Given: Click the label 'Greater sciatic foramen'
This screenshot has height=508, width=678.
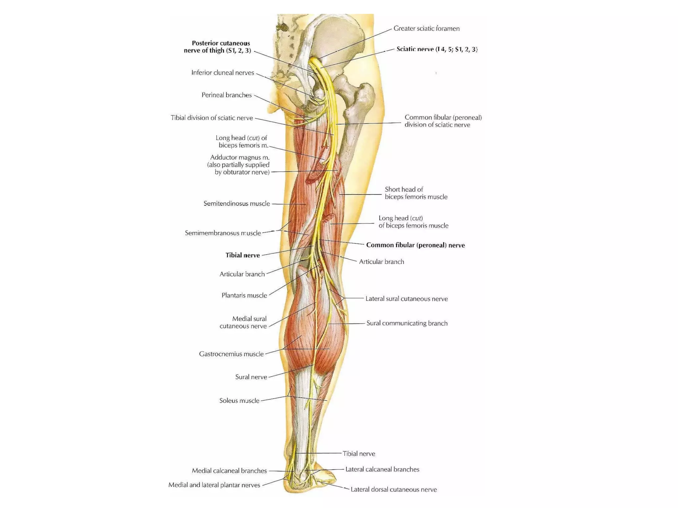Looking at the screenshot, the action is click(x=426, y=29).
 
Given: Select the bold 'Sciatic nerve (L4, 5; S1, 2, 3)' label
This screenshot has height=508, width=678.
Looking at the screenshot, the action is click(x=437, y=49).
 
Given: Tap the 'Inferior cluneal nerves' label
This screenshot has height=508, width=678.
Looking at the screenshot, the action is click(x=222, y=73).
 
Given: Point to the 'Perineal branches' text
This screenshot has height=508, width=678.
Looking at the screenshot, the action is click(x=226, y=95).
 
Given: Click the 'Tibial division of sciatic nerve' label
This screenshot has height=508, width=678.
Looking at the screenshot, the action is click(x=212, y=118).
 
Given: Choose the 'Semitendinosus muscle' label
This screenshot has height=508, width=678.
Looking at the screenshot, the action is click(x=236, y=204).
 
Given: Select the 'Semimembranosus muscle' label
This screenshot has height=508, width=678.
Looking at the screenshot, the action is click(x=223, y=233).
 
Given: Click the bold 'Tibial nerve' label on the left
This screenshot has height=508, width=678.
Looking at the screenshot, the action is click(x=243, y=255).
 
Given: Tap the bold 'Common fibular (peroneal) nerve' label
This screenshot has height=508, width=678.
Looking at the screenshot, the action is click(x=415, y=245).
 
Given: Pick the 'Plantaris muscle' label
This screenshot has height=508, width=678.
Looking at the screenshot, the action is click(x=244, y=295).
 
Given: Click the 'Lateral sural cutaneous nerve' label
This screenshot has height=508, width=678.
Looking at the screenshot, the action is click(x=406, y=299).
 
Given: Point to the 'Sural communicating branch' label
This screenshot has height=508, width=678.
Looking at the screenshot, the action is click(x=407, y=323).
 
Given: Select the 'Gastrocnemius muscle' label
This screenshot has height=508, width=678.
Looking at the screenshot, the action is click(x=231, y=354).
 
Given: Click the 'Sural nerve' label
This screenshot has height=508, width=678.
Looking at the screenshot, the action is click(x=251, y=377).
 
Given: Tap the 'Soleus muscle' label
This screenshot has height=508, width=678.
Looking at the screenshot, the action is click(x=239, y=401).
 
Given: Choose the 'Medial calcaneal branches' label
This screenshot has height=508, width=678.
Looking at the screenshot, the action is click(x=229, y=471).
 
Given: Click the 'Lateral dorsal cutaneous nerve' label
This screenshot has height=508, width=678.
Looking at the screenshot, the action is click(x=394, y=489).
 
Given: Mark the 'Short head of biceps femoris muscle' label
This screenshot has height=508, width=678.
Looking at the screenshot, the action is click(x=416, y=193).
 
